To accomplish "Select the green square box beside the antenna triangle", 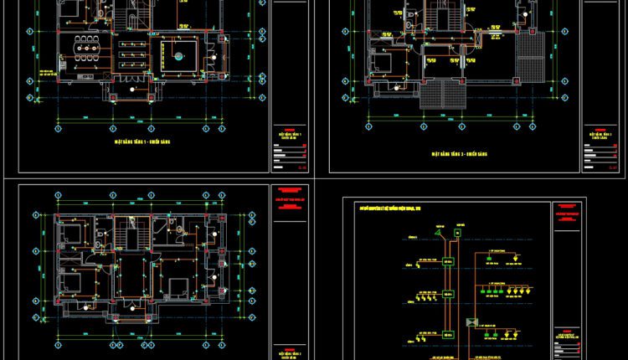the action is (457, 232).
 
